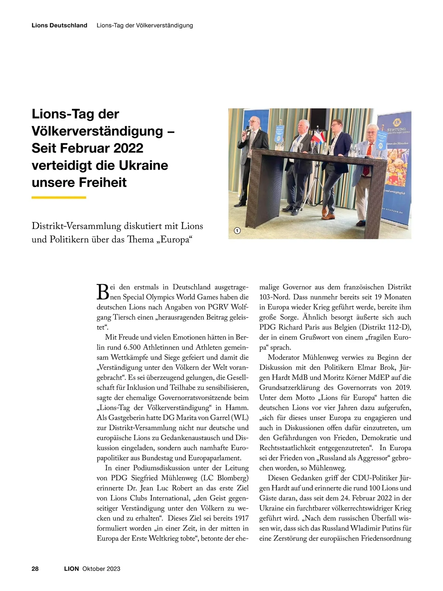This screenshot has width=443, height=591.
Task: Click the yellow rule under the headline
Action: [x=59, y=197]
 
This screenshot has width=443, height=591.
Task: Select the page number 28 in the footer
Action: [x=35, y=568]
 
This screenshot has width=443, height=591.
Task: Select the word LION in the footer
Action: [x=71, y=568]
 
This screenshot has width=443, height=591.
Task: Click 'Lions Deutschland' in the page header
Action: [x=59, y=26]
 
